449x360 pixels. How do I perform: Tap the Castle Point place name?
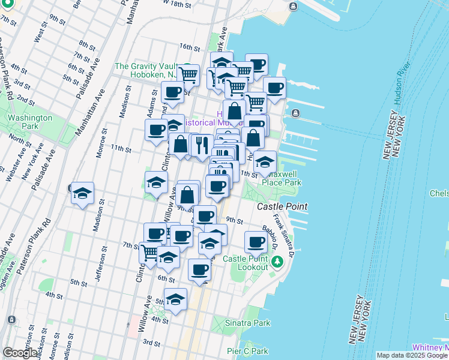point(282,206)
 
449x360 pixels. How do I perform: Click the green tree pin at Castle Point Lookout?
point(277,262)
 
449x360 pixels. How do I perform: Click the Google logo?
point(20,353)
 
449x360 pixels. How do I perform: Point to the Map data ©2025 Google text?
point(412,355)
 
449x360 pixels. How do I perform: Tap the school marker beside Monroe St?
point(83,194)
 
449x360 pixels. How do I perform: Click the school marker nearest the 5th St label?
point(175,299)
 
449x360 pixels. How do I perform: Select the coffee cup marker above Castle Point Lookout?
point(256,242)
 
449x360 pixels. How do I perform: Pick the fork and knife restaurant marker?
point(202,145)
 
